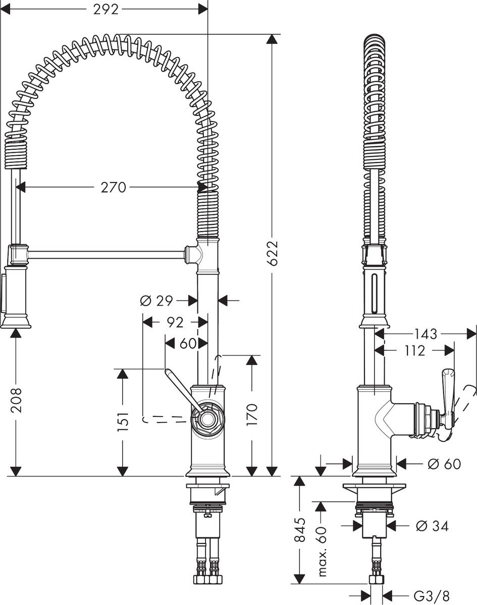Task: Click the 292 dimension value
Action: (106, 10)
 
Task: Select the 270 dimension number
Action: (113, 188)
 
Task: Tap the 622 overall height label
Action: (272, 253)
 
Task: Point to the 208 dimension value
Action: (16, 400)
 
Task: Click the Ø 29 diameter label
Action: (156, 301)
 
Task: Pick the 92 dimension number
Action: (175, 322)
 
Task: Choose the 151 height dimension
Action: (123, 421)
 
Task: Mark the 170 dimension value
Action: (252, 414)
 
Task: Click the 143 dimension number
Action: (426, 334)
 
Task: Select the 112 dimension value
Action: (414, 350)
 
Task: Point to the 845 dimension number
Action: (300, 530)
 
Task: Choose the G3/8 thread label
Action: (432, 595)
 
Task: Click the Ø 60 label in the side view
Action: (444, 464)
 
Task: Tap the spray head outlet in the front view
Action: (16, 326)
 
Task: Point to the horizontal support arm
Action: (107, 255)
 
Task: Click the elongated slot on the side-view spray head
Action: (374, 293)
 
